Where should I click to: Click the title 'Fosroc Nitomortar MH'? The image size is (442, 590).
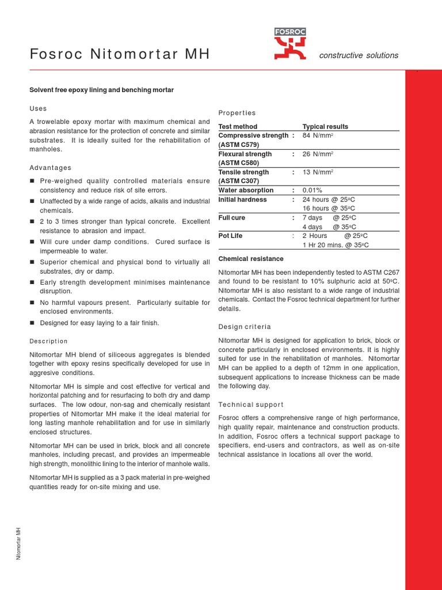[x=119, y=55]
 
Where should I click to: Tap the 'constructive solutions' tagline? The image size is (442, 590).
[x=359, y=55]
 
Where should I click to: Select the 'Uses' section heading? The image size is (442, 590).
[x=38, y=108]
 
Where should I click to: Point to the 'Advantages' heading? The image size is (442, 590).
[x=51, y=168]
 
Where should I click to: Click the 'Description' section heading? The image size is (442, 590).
[x=48, y=341]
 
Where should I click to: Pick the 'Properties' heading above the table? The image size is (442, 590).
[x=237, y=113]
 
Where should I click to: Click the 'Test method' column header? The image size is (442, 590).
[x=238, y=127]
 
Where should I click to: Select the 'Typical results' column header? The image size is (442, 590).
[x=325, y=127]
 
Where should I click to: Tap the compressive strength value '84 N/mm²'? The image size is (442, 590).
[x=318, y=135]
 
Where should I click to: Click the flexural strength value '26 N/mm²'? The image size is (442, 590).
[x=318, y=154]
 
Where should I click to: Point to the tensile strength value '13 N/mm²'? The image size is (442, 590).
[x=318, y=172]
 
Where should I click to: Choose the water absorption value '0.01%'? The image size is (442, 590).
[x=313, y=190]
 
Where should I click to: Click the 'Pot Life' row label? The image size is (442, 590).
[x=231, y=236]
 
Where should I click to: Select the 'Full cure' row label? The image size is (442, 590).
[x=232, y=218]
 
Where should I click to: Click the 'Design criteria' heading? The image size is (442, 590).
[x=245, y=327]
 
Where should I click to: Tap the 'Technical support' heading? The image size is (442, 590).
[x=251, y=404]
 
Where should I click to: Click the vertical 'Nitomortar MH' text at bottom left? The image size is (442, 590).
[x=18, y=543]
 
